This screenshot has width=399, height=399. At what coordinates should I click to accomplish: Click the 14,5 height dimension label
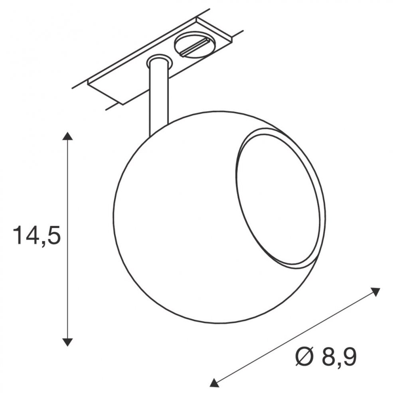(x=37, y=235)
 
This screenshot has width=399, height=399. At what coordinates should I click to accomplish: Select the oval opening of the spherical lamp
(x=277, y=201)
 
